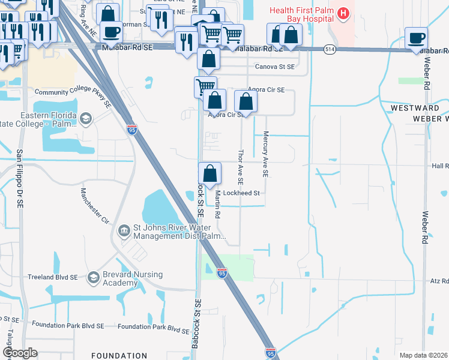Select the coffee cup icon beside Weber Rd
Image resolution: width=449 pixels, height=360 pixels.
pyautogui.click(x=416, y=38)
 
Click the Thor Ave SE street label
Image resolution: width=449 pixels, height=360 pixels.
pyautogui.click(x=241, y=167)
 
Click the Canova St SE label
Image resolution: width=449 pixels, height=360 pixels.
pyautogui.click(x=276, y=67)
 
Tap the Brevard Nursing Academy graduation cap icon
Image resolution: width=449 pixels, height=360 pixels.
pyautogui.click(x=93, y=277)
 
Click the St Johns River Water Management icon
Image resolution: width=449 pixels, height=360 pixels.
pyautogui.click(x=124, y=230)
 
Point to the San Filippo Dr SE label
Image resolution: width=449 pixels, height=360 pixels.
pyautogui.click(x=20, y=179)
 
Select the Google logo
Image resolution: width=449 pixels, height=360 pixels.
pyautogui.click(x=19, y=353)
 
